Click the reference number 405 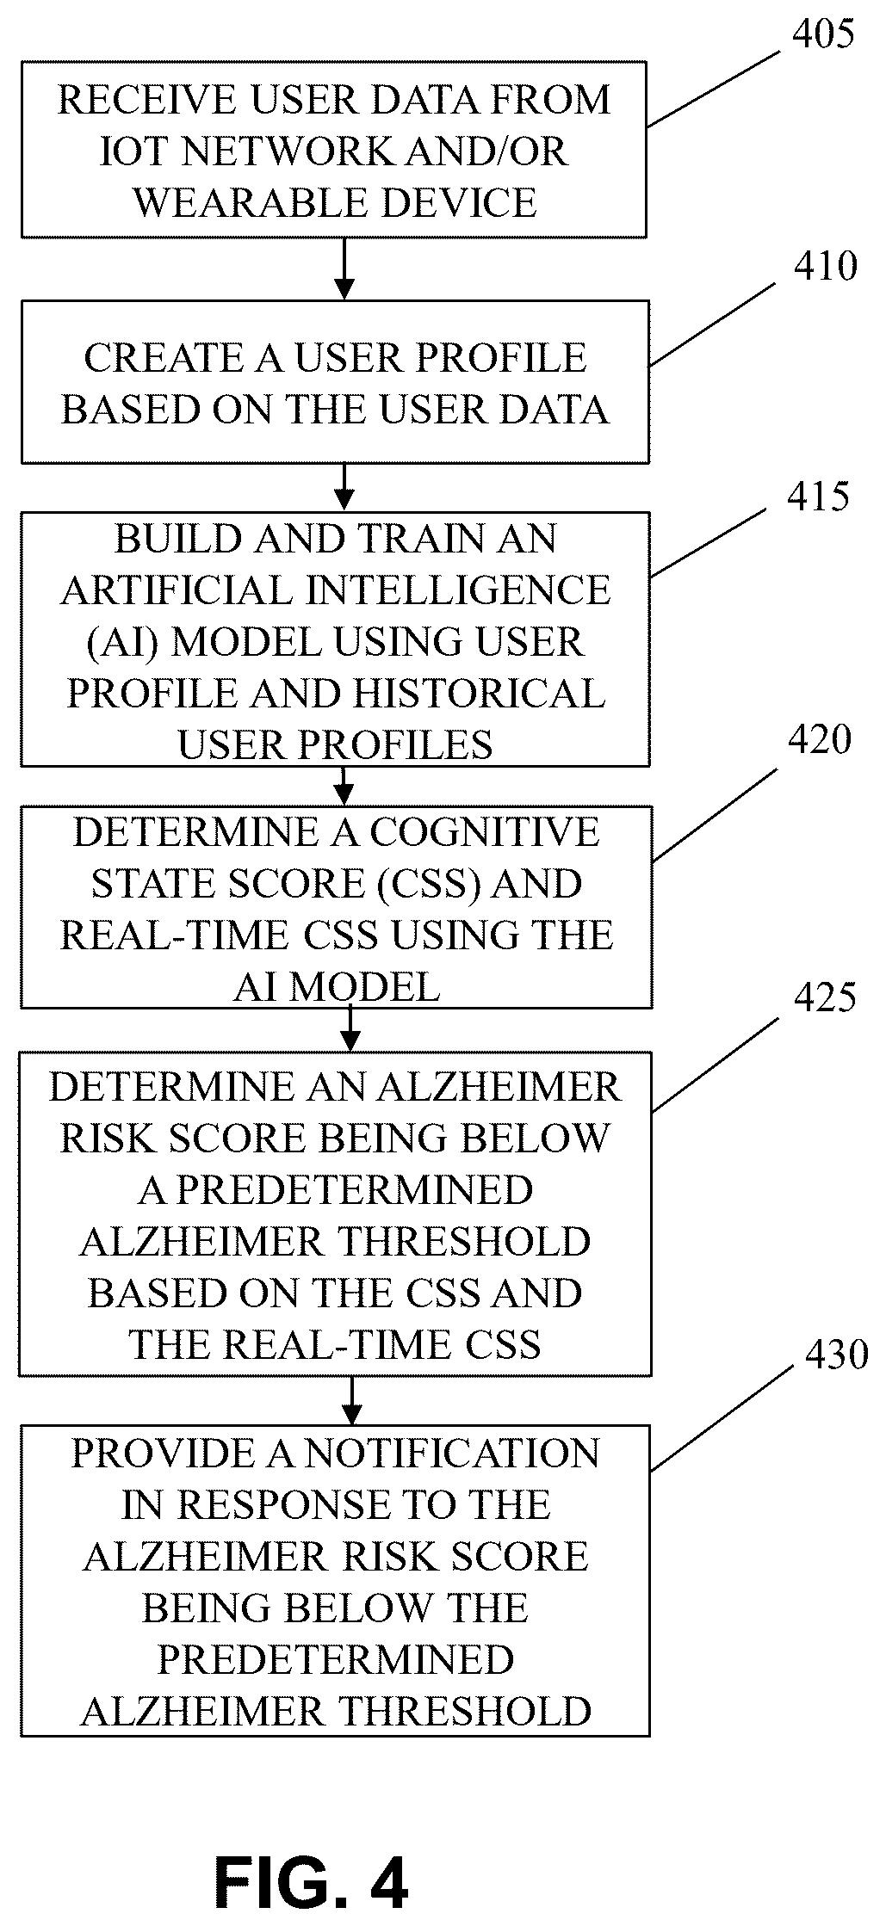pos(823,35)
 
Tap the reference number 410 pos(826,267)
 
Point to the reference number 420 pos(820,740)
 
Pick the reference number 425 pos(825,997)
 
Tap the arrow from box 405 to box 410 pos(344,269)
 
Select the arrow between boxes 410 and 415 pos(344,488)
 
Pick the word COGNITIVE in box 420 pos(485,832)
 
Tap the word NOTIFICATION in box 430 pos(452,1454)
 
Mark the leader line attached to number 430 pos(722,1419)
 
